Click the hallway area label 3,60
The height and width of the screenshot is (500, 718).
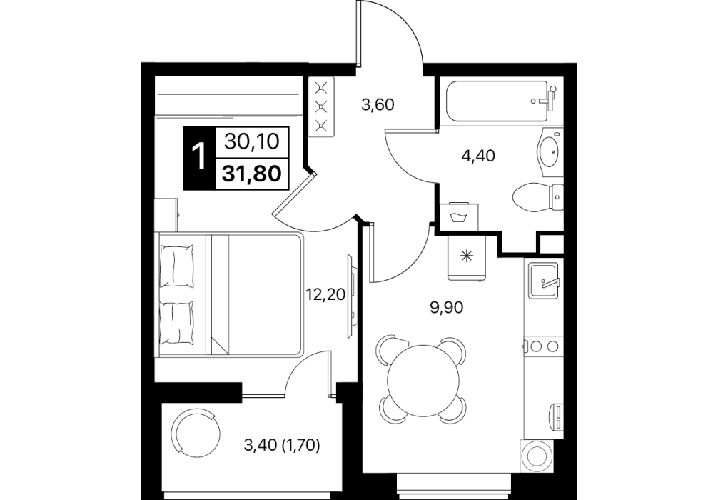coord(378,106)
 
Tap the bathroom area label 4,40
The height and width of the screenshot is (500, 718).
coord(478,156)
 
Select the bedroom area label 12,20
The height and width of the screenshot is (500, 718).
coord(325,294)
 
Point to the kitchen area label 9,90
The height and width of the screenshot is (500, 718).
coord(447,308)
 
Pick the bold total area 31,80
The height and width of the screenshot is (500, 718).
coord(252,174)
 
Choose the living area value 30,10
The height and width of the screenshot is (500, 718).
coord(252,142)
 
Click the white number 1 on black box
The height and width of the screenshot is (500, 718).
coord(199,157)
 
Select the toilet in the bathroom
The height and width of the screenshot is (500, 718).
coord(537,198)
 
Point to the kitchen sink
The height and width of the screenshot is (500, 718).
coord(543,280)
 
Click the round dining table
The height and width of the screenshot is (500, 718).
coord(423,381)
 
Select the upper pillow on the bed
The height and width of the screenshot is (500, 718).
coord(177,266)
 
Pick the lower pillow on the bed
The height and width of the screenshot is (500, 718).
coord(177,323)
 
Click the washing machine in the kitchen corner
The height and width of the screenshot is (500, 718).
coord(535,456)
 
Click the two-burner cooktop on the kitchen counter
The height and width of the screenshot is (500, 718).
coord(543,346)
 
